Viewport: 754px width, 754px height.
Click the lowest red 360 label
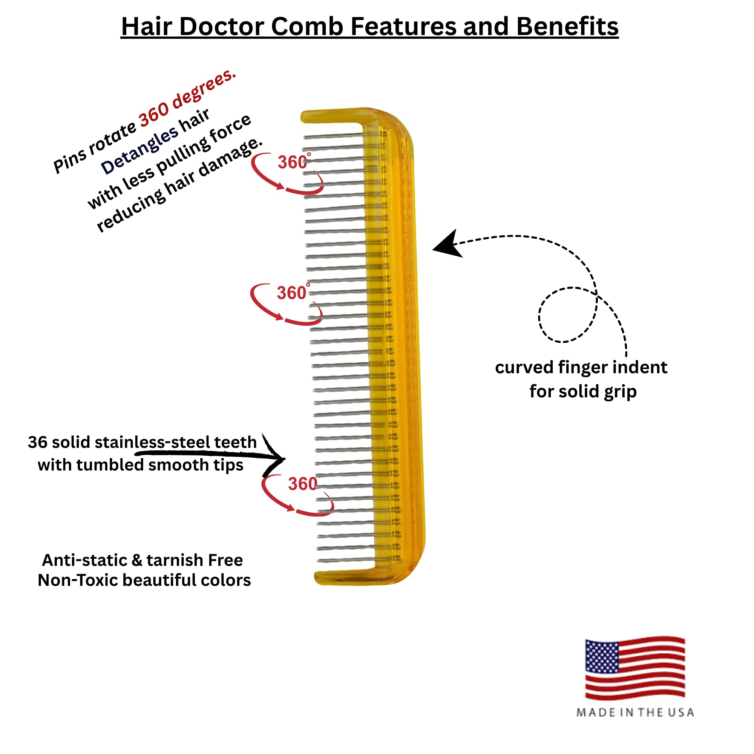[302, 484]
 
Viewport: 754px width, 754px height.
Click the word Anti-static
[84, 560]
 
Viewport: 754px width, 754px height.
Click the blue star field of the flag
[601, 658]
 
